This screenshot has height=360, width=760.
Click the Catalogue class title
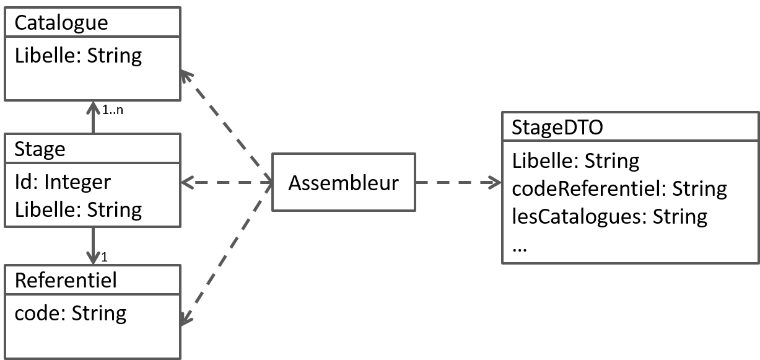pyautogui.click(x=61, y=23)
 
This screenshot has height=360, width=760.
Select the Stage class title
pyautogui.click(x=40, y=149)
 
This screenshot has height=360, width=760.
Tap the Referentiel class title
pyautogui.click(x=66, y=281)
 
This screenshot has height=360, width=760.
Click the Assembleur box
pyautogui.click(x=343, y=183)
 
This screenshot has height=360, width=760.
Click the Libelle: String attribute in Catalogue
pyautogui.click(x=78, y=56)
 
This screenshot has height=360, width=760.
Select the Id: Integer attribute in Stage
pyautogui.click(x=63, y=182)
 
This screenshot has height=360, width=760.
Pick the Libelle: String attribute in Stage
pyautogui.click(x=78, y=209)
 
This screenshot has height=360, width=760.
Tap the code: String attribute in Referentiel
pyautogui.click(x=70, y=313)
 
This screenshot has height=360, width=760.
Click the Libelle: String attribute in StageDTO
pyautogui.click(x=576, y=161)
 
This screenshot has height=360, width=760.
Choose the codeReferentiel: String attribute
pyautogui.click(x=619, y=188)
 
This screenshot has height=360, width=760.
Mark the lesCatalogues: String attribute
pyautogui.click(x=609, y=216)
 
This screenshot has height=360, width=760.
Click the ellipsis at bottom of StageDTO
pyautogui.click(x=520, y=247)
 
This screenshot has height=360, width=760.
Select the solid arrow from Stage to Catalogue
pyautogui.click(x=93, y=118)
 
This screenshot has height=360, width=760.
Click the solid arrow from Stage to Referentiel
pyautogui.click(x=93, y=245)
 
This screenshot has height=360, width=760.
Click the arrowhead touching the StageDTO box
pyautogui.click(x=496, y=183)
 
